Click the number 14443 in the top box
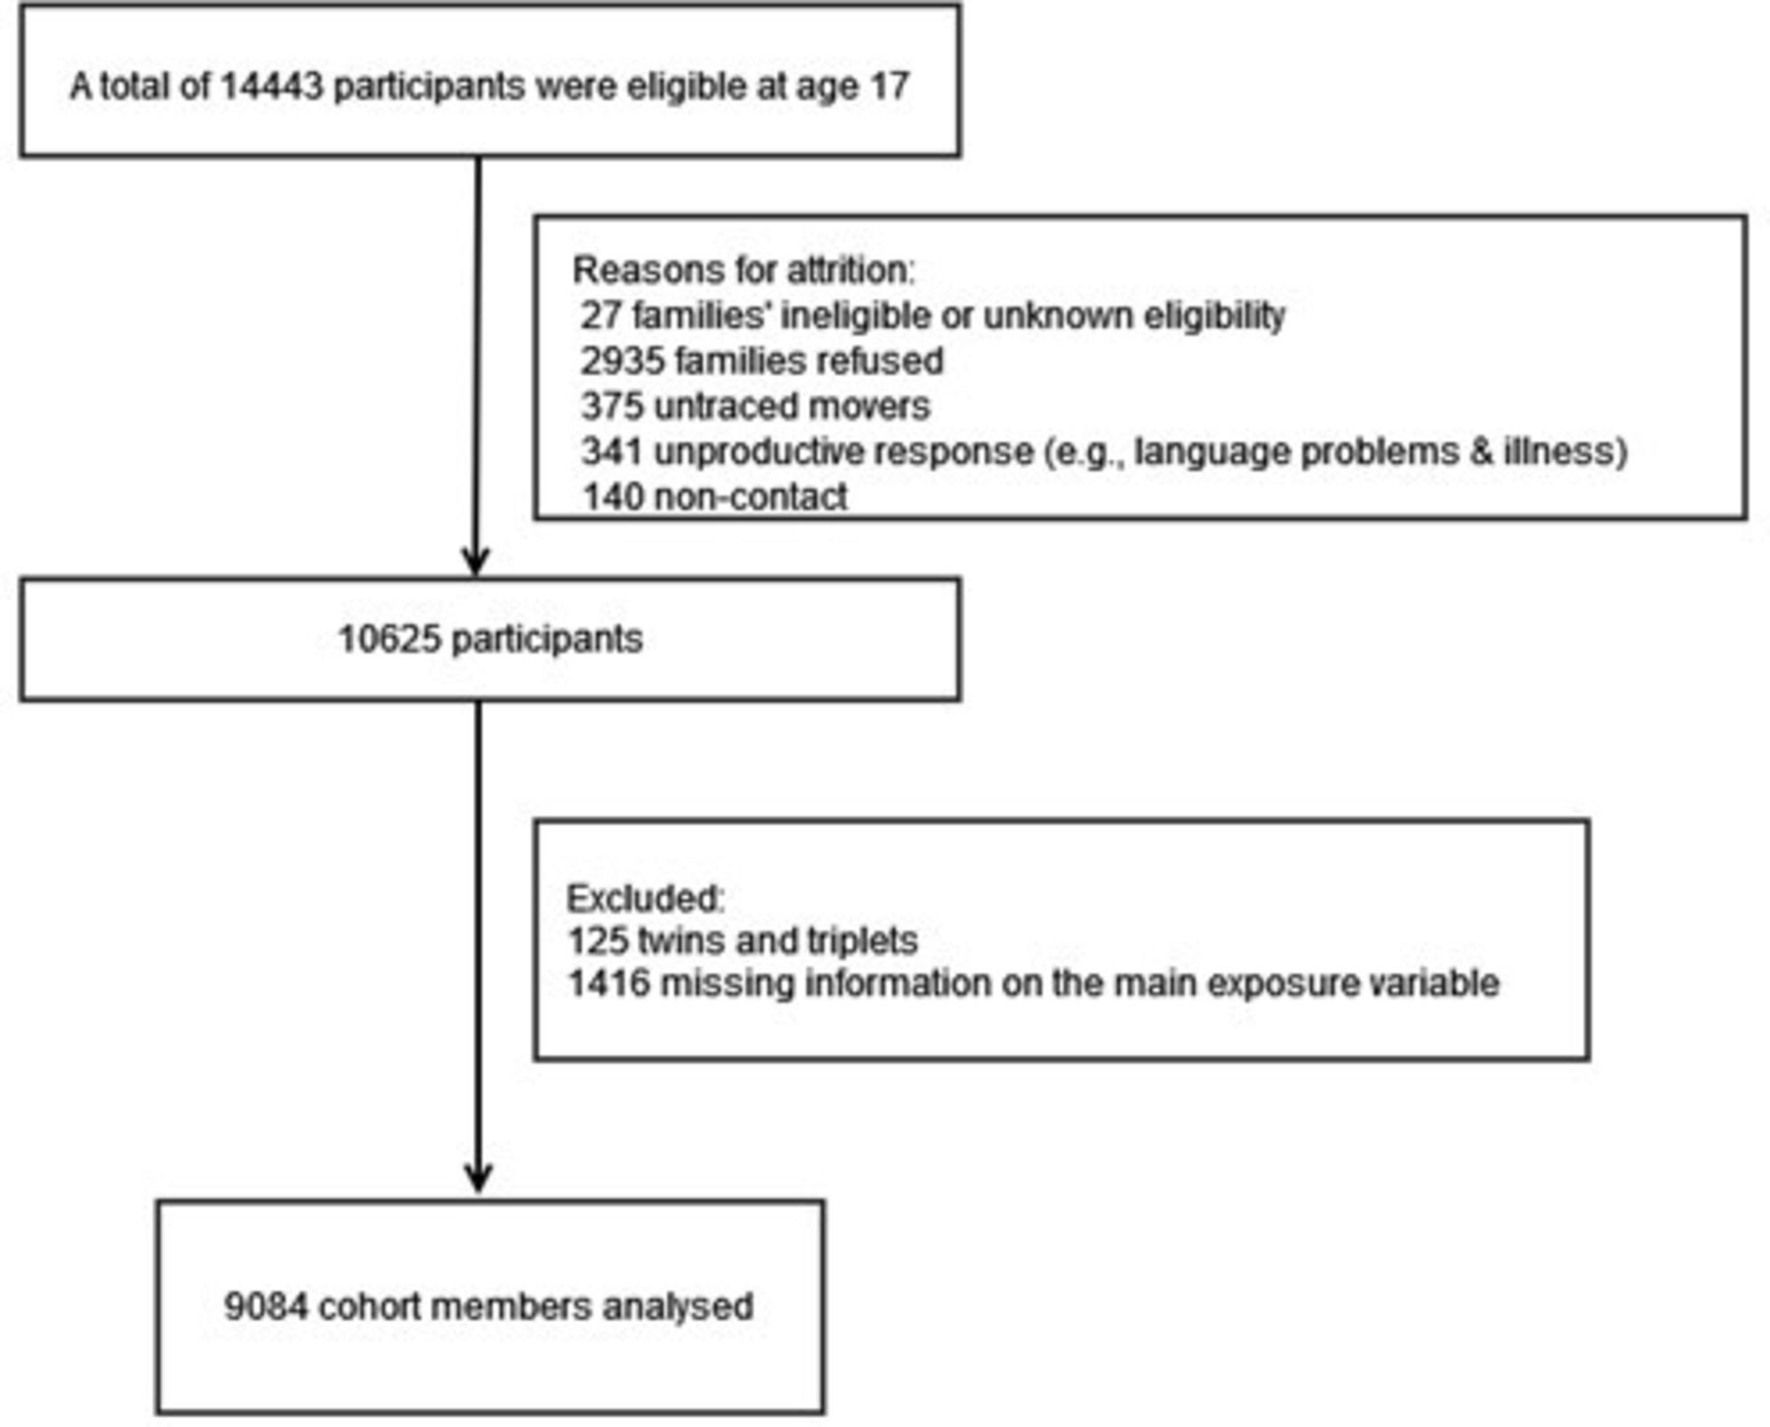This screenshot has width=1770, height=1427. click(270, 86)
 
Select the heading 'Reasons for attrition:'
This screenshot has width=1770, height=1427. click(743, 269)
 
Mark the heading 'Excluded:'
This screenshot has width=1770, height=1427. click(645, 897)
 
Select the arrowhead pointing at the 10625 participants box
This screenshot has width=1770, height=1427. click(476, 561)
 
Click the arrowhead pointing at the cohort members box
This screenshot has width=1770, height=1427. click(478, 1178)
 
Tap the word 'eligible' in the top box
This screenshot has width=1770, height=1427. click(687, 86)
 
